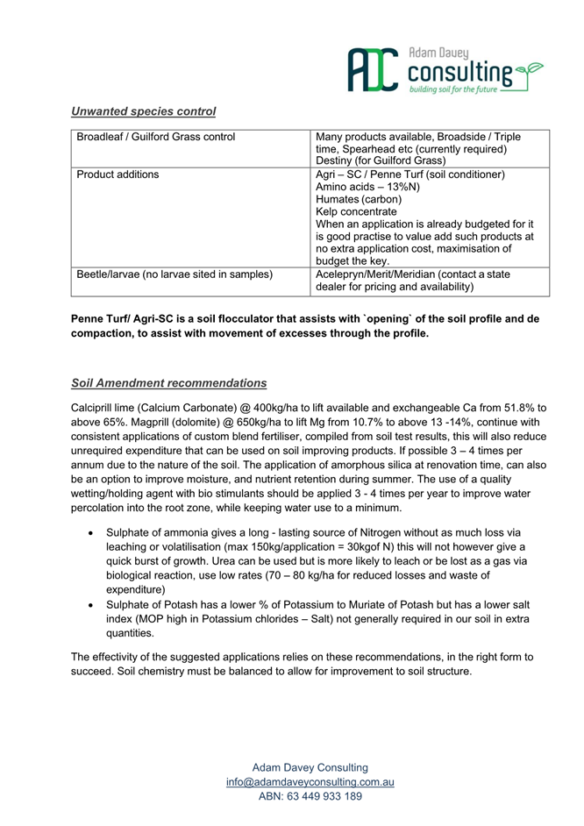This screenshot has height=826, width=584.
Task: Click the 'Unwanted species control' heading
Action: point(143,111)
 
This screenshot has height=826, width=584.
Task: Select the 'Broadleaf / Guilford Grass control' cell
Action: point(156,137)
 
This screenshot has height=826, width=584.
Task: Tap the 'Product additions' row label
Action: point(118,174)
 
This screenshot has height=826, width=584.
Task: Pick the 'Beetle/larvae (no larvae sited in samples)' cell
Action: point(174,274)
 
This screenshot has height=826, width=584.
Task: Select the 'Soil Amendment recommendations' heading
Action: point(168,383)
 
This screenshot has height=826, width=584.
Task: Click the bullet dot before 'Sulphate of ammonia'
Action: point(91,532)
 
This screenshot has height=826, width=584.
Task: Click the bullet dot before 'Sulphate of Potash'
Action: point(91,606)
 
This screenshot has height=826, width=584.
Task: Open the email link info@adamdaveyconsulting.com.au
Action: point(310,781)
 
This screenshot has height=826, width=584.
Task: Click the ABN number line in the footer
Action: point(310,796)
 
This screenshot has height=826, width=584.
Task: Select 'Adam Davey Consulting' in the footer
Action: point(310,767)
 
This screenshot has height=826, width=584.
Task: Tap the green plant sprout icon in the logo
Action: point(529,70)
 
